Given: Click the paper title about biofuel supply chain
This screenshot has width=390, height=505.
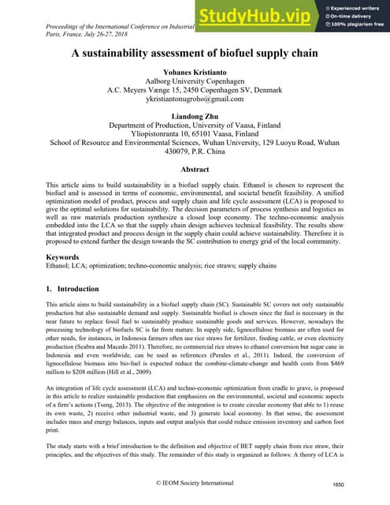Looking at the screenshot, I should (x=194, y=54).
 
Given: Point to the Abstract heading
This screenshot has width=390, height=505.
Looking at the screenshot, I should (x=195, y=170).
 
